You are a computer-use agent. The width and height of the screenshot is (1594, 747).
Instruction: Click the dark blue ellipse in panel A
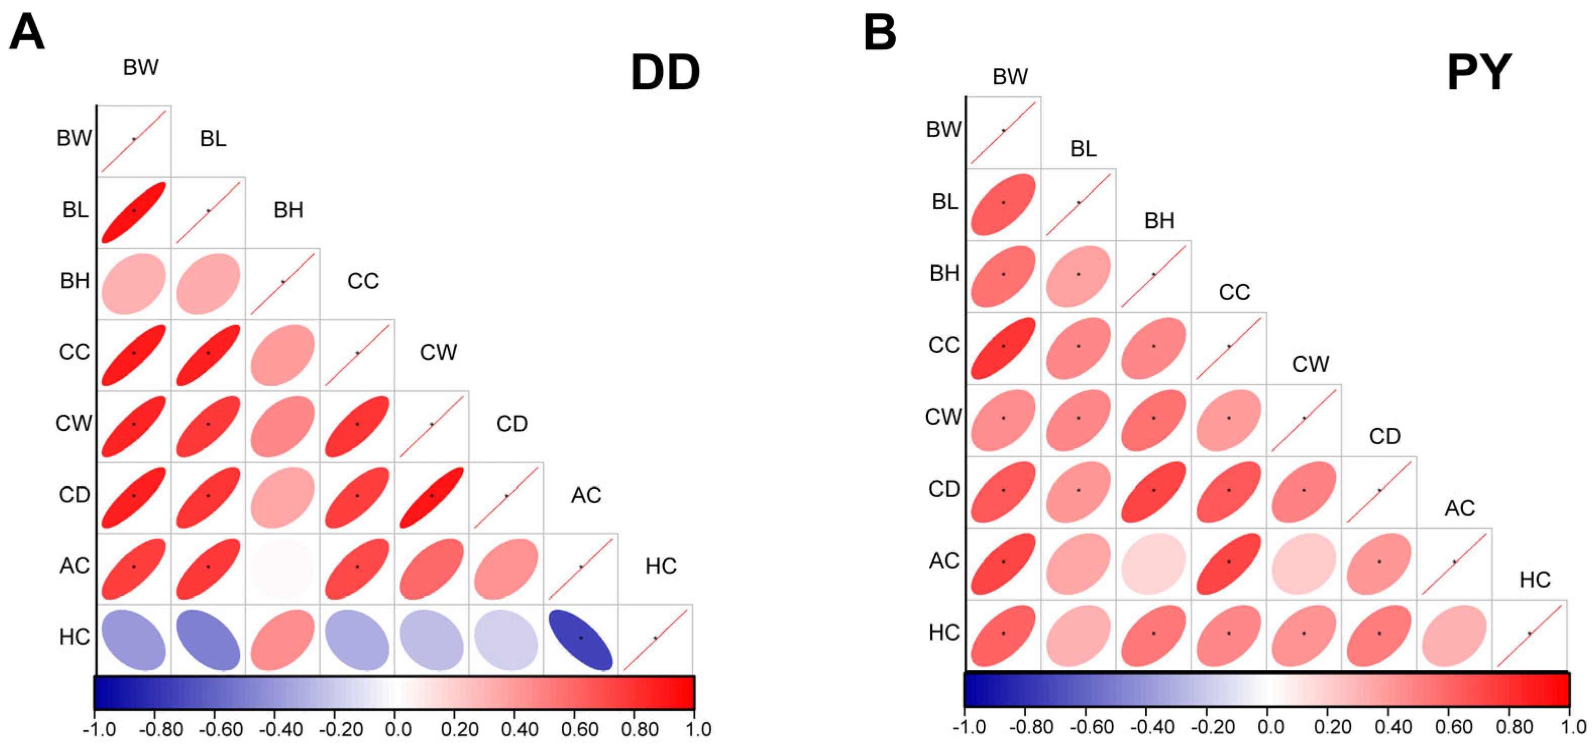[580, 640]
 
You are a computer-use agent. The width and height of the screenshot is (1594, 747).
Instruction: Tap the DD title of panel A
[665, 73]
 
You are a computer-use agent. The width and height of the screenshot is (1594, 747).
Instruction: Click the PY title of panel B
[1479, 73]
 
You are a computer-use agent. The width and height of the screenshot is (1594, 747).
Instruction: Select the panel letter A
[27, 32]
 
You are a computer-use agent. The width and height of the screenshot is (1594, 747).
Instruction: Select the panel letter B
[879, 32]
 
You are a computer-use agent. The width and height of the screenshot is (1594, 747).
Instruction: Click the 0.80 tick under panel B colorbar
[1514, 727]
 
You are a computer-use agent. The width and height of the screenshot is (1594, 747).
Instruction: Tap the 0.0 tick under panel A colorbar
[398, 730]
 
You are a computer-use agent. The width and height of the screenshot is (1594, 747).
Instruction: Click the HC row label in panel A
[74, 637]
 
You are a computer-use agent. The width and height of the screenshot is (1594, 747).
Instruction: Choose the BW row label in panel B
[944, 130]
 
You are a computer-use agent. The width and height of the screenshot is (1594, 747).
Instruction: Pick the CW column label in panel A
[438, 353]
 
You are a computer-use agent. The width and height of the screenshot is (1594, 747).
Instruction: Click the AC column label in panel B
[1460, 508]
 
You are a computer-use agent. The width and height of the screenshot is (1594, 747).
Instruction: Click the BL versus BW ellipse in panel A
[134, 212]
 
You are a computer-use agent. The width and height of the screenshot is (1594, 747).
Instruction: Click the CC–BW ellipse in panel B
[1003, 348]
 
